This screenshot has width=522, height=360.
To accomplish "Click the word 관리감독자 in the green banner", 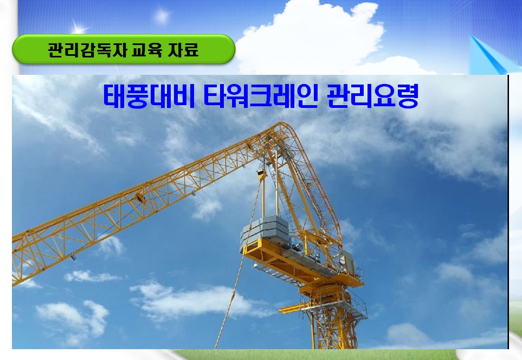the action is pyautogui.click(x=88, y=50).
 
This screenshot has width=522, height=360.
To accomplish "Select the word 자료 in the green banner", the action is pyautogui.click(x=183, y=50).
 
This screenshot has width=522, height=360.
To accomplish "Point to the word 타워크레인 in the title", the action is pyautogui.click(x=260, y=96).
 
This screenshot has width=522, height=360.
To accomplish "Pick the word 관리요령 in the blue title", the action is pyautogui.click(x=372, y=96).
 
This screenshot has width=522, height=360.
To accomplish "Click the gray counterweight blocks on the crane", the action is pyautogui.click(x=265, y=229).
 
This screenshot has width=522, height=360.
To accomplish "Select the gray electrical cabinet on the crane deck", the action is pyautogui.click(x=346, y=261).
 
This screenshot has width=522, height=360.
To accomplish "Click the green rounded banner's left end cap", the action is pyautogui.click(x=21, y=49).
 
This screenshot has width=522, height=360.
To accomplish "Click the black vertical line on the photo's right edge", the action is pyautogui.click(x=508, y=212).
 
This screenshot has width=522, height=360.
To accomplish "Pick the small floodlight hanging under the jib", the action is pyautogui.click(x=73, y=257).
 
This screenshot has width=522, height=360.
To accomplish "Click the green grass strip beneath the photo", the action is pyautogui.click(x=316, y=355).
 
